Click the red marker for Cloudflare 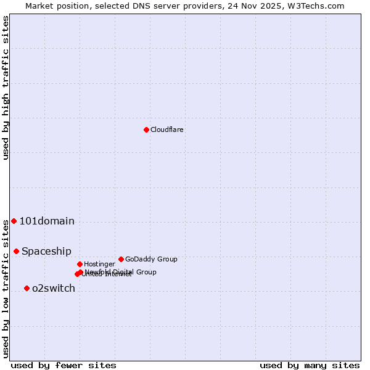pyautogui.click(x=146, y=129)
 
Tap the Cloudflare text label pyautogui.click(x=166, y=130)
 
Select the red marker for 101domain pyautogui.click(x=14, y=221)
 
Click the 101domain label pyautogui.click(x=47, y=221)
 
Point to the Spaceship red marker pyautogui.click(x=16, y=251)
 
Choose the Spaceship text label pyautogui.click(x=46, y=252)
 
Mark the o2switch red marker pyautogui.click(x=27, y=288)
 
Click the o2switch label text pyautogui.click(x=54, y=289)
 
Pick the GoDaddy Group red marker pyautogui.click(x=121, y=259)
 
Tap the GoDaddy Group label pyautogui.click(x=151, y=260)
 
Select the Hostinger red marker pyautogui.click(x=80, y=264)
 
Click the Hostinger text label pyautogui.click(x=99, y=265)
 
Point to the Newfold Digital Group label pyautogui.click(x=121, y=272)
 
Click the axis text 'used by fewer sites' pyautogui.click(x=64, y=366)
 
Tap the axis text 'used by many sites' pyautogui.click(x=310, y=366)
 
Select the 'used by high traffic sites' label pyautogui.click(x=6, y=88)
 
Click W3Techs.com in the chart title pyautogui.click(x=318, y=6)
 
